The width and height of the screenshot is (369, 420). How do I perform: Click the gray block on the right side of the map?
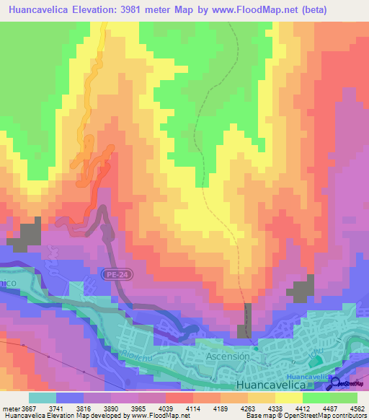tap(301, 292)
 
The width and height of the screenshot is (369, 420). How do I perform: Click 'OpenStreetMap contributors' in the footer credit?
tap(332, 416)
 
